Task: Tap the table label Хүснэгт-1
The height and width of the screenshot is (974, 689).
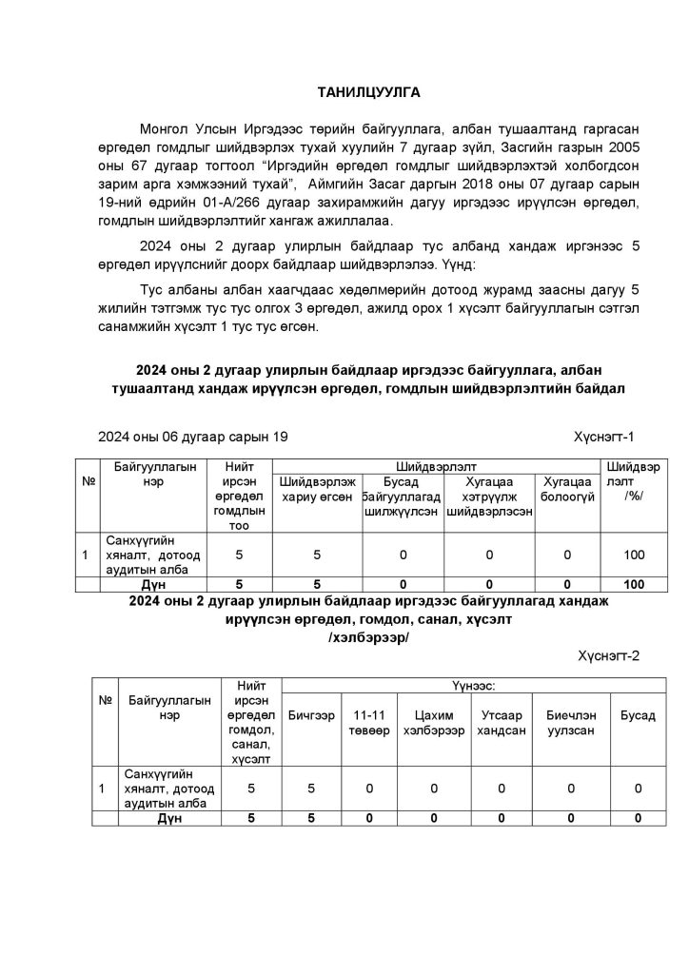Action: (x=603, y=437)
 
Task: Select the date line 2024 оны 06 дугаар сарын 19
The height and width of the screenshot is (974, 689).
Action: (x=191, y=437)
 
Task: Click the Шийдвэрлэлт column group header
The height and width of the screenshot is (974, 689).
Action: (x=436, y=466)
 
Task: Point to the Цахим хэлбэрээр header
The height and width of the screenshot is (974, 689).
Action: (x=433, y=722)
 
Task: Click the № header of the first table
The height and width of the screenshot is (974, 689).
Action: (x=89, y=481)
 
